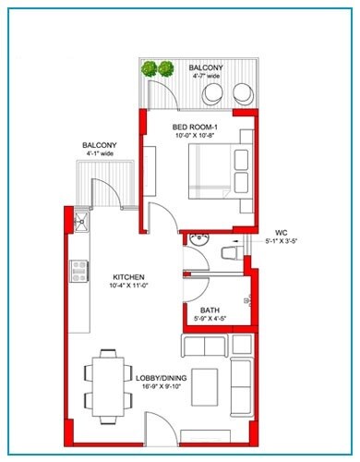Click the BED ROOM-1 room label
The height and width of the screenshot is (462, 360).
coord(195,126)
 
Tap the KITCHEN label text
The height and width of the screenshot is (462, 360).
coord(128,277)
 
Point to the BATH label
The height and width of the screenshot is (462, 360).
coord(210,310)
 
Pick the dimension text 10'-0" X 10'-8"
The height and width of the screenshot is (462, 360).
coord(195,136)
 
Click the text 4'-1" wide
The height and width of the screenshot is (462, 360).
coord(99,156)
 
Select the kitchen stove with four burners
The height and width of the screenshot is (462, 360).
coord(78,273)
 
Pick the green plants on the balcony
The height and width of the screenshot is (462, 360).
coord(157,69)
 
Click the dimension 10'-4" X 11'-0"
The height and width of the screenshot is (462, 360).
coord(128,287)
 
